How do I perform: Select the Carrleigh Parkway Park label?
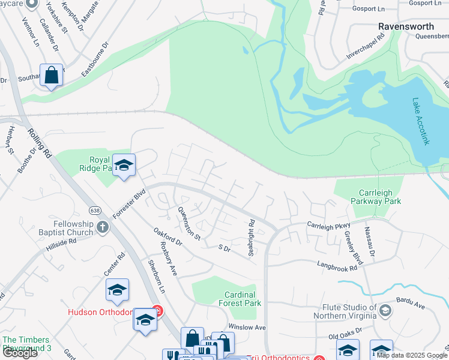pyautogui.click(x=380, y=197)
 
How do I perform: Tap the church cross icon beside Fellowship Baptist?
pyautogui.click(x=103, y=227)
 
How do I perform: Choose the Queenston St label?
pyautogui.click(x=188, y=223)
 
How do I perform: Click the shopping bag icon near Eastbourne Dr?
pyautogui.click(x=52, y=76)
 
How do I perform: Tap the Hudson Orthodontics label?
pyautogui.click(x=100, y=311)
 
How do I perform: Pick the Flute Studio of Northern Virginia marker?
pyautogui.click(x=385, y=310)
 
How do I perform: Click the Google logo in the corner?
pyautogui.click(x=20, y=353)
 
